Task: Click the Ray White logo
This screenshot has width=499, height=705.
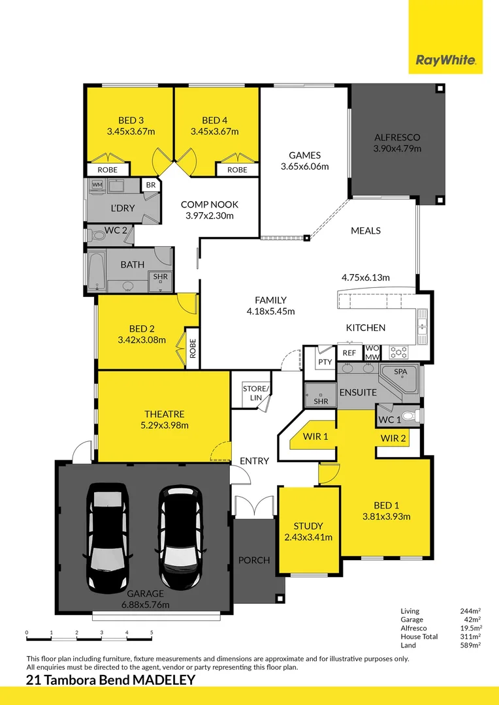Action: click(445, 60)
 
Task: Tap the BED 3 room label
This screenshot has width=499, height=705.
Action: click(131, 121)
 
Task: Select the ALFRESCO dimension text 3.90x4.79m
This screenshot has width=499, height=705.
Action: click(397, 149)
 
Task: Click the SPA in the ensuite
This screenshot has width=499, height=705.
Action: click(400, 378)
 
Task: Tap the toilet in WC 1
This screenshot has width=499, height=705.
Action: click(410, 416)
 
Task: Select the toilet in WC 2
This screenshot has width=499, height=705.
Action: click(96, 235)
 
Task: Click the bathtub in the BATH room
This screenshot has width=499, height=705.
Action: click(97, 270)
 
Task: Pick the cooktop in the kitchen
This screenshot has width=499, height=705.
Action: click(398, 352)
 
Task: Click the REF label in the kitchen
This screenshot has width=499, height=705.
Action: click(349, 353)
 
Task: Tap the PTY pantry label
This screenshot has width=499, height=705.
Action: click(325, 362)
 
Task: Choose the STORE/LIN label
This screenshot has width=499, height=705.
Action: click(255, 393)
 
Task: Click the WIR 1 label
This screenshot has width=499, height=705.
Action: click(315, 436)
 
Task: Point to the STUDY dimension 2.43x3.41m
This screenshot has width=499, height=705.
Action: click(308, 537)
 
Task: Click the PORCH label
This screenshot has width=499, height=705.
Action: click(254, 560)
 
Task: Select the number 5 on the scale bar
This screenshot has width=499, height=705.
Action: click(152, 633)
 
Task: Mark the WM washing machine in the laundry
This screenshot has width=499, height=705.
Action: click(97, 184)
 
